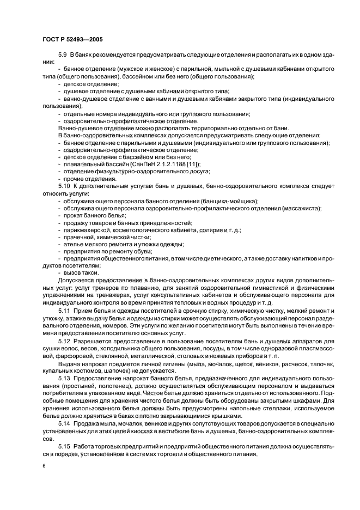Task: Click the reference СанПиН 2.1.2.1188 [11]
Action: pyautogui.click(x=166, y=164)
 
